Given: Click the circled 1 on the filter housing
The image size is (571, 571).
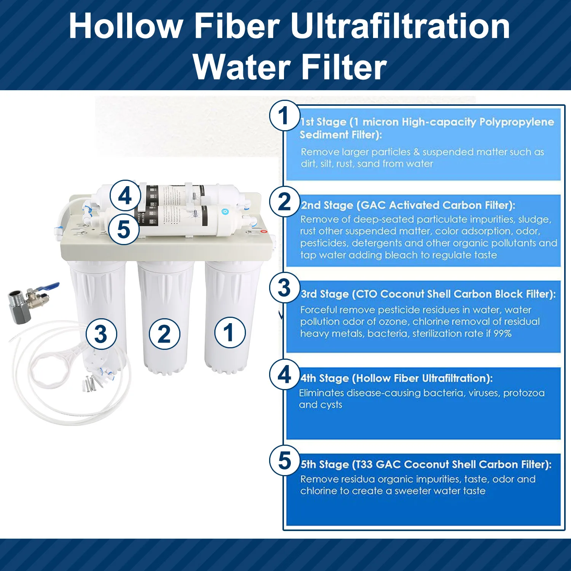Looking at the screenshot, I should tap(230, 332).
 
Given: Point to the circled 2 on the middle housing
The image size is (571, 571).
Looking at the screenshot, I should tap(164, 334).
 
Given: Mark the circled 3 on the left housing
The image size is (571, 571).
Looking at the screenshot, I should tap(101, 334).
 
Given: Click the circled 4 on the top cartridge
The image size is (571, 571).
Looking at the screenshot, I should tap(125, 196).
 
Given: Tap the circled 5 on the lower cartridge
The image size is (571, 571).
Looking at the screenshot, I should tap(124, 229).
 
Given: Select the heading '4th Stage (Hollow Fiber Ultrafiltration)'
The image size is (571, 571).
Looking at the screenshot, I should tap(396, 378).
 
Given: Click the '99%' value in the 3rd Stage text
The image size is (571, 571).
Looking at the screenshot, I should tap(502, 333).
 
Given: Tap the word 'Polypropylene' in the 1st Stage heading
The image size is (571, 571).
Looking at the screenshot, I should tap(517, 122).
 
